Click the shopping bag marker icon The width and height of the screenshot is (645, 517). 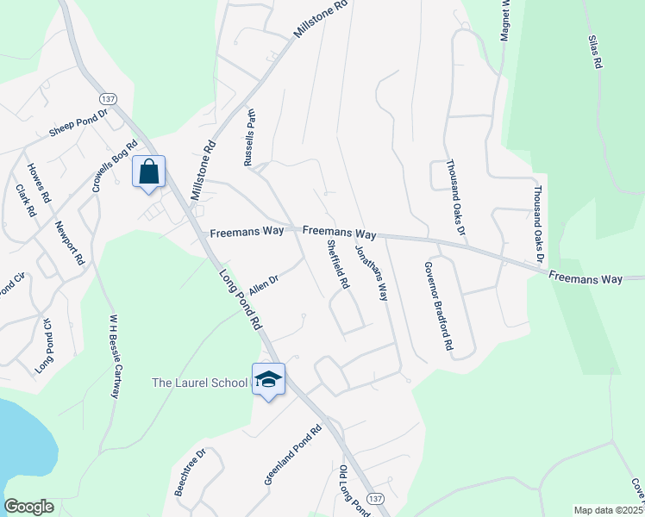point(148,171)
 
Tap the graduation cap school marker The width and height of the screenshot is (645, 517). point(269,379)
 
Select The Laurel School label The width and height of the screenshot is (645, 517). point(199,382)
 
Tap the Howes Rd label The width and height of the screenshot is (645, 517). point(41,184)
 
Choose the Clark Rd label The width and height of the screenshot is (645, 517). point(25,199)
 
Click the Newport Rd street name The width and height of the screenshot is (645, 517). point(70,243)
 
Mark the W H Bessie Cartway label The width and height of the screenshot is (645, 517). point(113,356)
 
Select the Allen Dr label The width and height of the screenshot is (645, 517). point(263,283)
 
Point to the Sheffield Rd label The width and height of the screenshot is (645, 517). point(337,264)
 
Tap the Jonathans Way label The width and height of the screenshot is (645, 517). point(372,272)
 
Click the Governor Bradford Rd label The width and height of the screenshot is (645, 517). point(436,306)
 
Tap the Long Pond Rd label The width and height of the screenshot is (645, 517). point(241,297)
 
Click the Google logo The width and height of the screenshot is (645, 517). point(28,507)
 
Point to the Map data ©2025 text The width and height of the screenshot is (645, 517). point(608,510)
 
